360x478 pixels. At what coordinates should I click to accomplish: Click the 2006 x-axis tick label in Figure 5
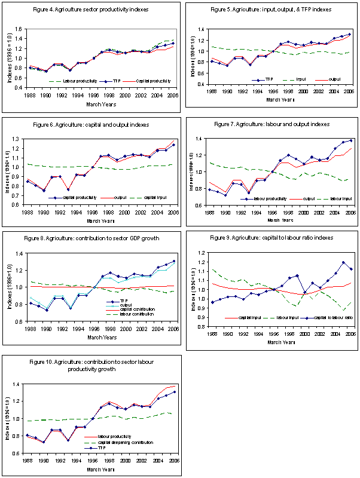[348, 92]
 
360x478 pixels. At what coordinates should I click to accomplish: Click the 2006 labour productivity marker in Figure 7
[349, 140]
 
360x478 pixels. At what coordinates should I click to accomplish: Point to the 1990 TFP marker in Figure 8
[47, 310]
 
